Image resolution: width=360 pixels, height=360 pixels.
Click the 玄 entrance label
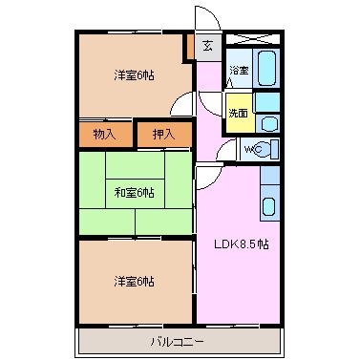pos(207,47)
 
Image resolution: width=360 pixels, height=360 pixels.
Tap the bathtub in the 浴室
pos(266,68)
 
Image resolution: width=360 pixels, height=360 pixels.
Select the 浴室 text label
pos(239,70)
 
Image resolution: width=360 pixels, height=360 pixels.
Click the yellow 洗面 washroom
pos(239,113)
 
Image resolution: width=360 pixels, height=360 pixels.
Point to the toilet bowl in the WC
pos(269,149)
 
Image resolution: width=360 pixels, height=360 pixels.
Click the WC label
pos(253,149)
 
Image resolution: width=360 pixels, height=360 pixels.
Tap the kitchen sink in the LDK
pos(269,206)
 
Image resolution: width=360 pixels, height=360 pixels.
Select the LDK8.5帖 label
pos(242,244)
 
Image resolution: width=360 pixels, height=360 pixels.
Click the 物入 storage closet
pos(105,135)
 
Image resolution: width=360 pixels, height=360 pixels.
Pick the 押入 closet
pos(164,135)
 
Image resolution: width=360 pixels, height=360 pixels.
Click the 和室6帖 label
pos(134,193)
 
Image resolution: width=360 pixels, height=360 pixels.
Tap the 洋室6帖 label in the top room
pos(134,75)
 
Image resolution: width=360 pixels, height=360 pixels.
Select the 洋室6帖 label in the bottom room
pos(134,282)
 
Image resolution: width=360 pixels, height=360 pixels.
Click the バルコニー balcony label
pos(177,343)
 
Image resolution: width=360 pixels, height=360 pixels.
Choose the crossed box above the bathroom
pos(253,39)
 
